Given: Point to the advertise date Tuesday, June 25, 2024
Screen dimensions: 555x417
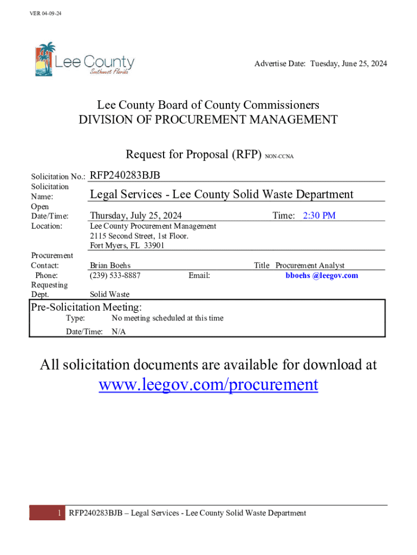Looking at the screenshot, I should (348, 64).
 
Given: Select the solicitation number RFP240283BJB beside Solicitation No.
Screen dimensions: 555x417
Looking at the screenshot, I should (125, 175).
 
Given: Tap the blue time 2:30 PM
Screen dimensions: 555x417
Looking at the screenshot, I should (319, 216).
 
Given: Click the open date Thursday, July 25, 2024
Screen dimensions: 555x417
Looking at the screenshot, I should (136, 216).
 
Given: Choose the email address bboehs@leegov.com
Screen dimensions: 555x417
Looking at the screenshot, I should (322, 275).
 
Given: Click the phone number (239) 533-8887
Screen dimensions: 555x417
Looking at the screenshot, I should (115, 275).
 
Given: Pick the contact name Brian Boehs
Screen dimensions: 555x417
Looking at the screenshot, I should (110, 266).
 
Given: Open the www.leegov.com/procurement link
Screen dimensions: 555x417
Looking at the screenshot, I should (208, 385).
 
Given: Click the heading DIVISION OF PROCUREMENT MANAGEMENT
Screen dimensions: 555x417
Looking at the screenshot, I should (208, 120).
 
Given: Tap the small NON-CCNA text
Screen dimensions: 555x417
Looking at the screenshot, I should (279, 157).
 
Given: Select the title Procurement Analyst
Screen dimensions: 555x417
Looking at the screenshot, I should (310, 266).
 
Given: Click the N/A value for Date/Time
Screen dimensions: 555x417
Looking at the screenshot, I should (119, 332).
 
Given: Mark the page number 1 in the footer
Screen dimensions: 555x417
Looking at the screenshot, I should (60, 513).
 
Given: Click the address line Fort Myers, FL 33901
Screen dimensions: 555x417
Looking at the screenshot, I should (127, 246).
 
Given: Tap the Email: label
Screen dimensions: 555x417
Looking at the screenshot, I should (199, 275).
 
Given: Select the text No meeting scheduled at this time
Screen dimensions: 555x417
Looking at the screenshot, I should (167, 318).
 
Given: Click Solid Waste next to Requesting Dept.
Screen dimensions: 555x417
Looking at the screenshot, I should (109, 294).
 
